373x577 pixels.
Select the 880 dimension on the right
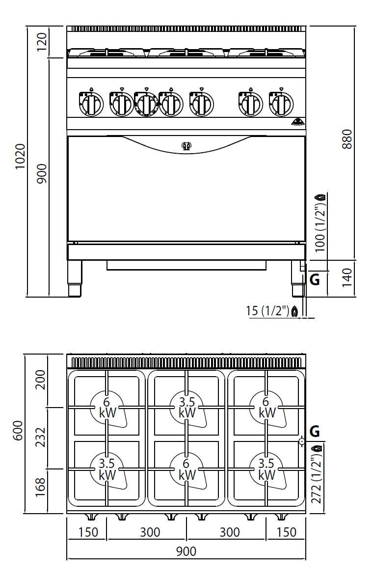pyautogui.click(x=347, y=139)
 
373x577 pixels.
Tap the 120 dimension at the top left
pyautogui.click(x=42, y=42)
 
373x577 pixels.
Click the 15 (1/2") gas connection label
pyautogui.click(x=267, y=310)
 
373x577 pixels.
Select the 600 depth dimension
pyautogui.click(x=18, y=430)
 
